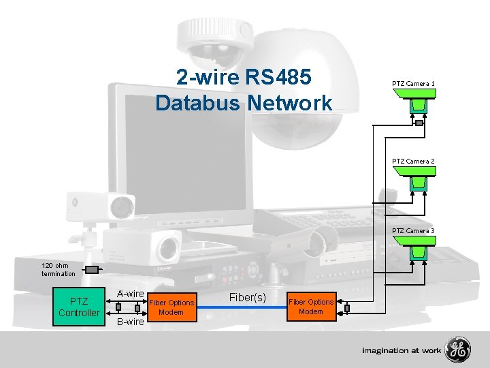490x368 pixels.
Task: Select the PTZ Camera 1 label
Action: click(x=413, y=83)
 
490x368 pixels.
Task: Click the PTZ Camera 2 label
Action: click(x=413, y=161)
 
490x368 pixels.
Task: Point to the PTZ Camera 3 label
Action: click(x=413, y=230)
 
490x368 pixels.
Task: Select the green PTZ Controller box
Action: click(x=78, y=307)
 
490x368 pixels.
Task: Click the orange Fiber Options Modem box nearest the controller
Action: click(x=171, y=307)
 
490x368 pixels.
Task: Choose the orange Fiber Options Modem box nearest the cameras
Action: click(x=311, y=307)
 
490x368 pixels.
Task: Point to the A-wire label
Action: click(x=129, y=294)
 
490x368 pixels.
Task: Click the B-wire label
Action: click(x=129, y=322)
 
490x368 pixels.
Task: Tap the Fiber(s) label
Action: click(x=247, y=298)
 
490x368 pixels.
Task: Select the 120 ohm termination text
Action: click(x=59, y=269)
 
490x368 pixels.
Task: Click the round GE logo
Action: click(x=457, y=350)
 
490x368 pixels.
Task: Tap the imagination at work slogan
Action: click(x=402, y=350)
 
